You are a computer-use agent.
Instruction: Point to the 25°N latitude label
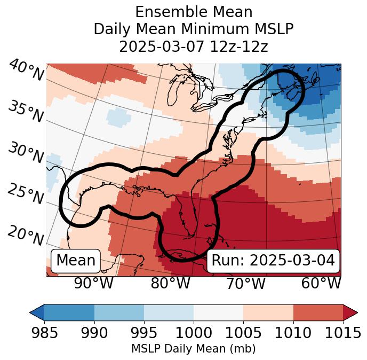point(25,194)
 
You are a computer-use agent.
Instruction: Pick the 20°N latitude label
point(25,235)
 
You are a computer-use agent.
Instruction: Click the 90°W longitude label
point(93,283)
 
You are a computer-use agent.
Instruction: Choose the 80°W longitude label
point(170,283)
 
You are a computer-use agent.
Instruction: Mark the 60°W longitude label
point(321,283)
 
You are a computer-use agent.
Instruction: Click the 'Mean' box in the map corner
point(76,261)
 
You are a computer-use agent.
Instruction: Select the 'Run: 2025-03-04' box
point(273,261)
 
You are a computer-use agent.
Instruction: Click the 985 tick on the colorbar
point(44,333)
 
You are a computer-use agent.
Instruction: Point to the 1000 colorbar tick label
point(194,333)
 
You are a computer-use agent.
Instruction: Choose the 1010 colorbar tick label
point(293,333)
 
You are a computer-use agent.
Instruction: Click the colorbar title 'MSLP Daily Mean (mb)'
point(194,349)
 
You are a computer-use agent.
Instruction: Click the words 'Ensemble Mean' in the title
point(194,12)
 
